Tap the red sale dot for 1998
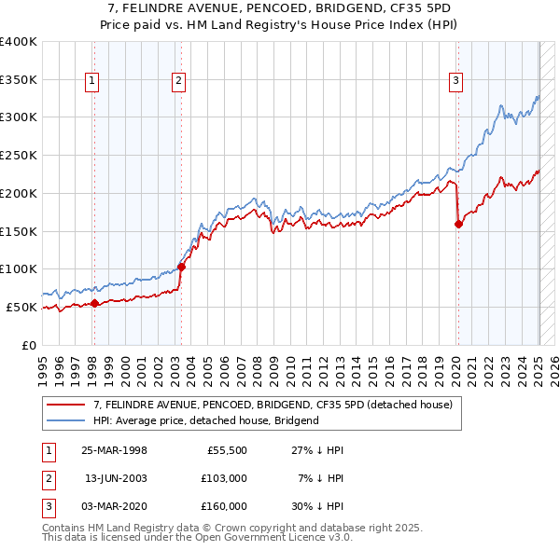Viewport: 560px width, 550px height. [94, 302]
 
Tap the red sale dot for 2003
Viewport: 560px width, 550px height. [182, 267]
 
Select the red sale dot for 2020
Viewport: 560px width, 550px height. [458, 223]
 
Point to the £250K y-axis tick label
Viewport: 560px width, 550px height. [19, 155]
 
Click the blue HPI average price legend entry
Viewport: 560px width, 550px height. [205, 420]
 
